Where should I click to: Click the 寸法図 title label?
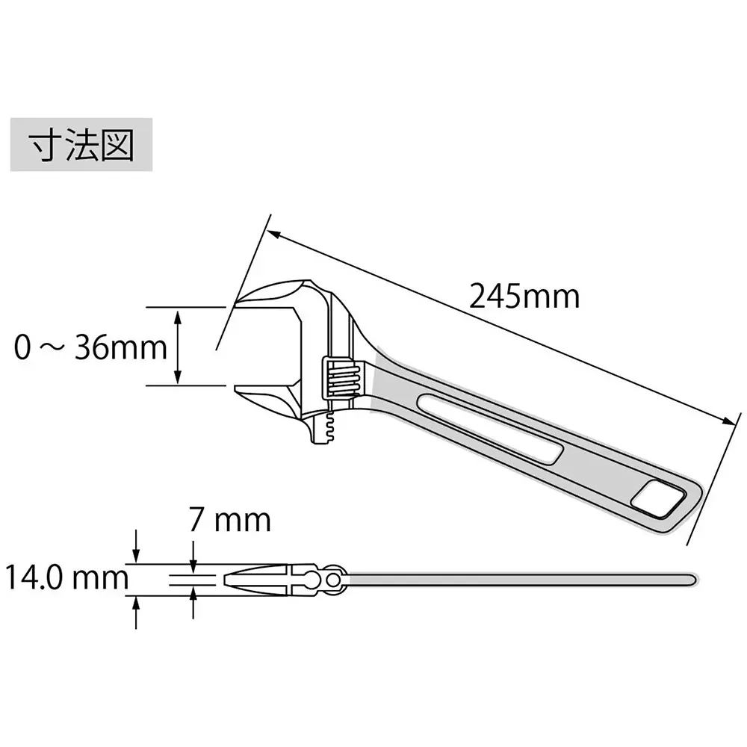[81, 144]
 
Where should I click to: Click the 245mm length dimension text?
[524, 297]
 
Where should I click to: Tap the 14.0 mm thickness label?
[61, 577]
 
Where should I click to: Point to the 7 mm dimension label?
[229, 519]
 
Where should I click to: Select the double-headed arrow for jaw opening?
[178, 347]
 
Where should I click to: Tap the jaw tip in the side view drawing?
[229, 579]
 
